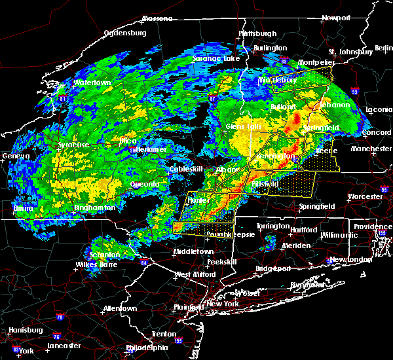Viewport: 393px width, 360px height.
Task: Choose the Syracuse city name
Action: pos(72,144)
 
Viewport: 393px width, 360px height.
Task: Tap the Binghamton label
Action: pos(77,207)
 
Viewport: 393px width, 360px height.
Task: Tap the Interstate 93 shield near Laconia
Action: pos(354,92)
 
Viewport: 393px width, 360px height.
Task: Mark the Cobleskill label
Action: pos(170,169)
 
